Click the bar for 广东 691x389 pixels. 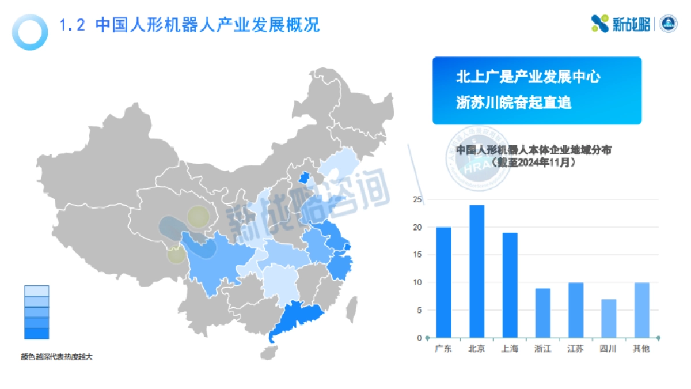(443, 282)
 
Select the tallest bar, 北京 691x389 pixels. (477, 271)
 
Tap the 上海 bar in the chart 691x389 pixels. (510, 285)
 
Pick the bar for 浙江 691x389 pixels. (542, 313)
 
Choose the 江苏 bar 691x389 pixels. (575, 310)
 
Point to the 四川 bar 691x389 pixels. (608, 318)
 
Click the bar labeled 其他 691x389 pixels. (641, 310)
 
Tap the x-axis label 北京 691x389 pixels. (477, 349)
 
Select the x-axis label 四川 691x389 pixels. (608, 349)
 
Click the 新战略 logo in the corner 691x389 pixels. (621, 24)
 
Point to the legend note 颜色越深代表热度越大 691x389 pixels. (56, 357)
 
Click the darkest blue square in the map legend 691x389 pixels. (36, 333)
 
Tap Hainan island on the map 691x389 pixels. (268, 352)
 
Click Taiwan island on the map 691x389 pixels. (351, 309)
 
